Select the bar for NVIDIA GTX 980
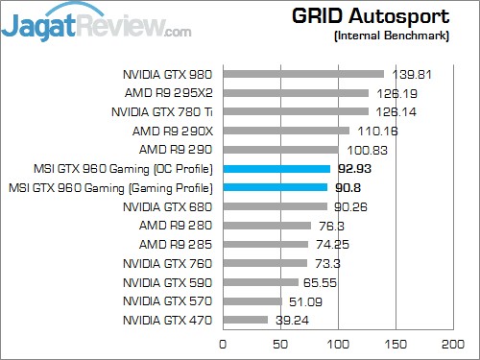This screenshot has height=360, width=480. click(303, 74)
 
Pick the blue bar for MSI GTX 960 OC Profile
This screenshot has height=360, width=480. click(276, 168)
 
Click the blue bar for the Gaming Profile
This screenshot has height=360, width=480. click(275, 187)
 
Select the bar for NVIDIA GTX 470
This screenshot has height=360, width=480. click(246, 320)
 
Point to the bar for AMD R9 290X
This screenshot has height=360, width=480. click(286, 131)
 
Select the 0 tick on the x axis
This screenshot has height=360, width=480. click(224, 342)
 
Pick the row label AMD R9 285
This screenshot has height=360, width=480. click(180, 244)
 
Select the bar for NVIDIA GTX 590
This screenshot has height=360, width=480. click(260, 282)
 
